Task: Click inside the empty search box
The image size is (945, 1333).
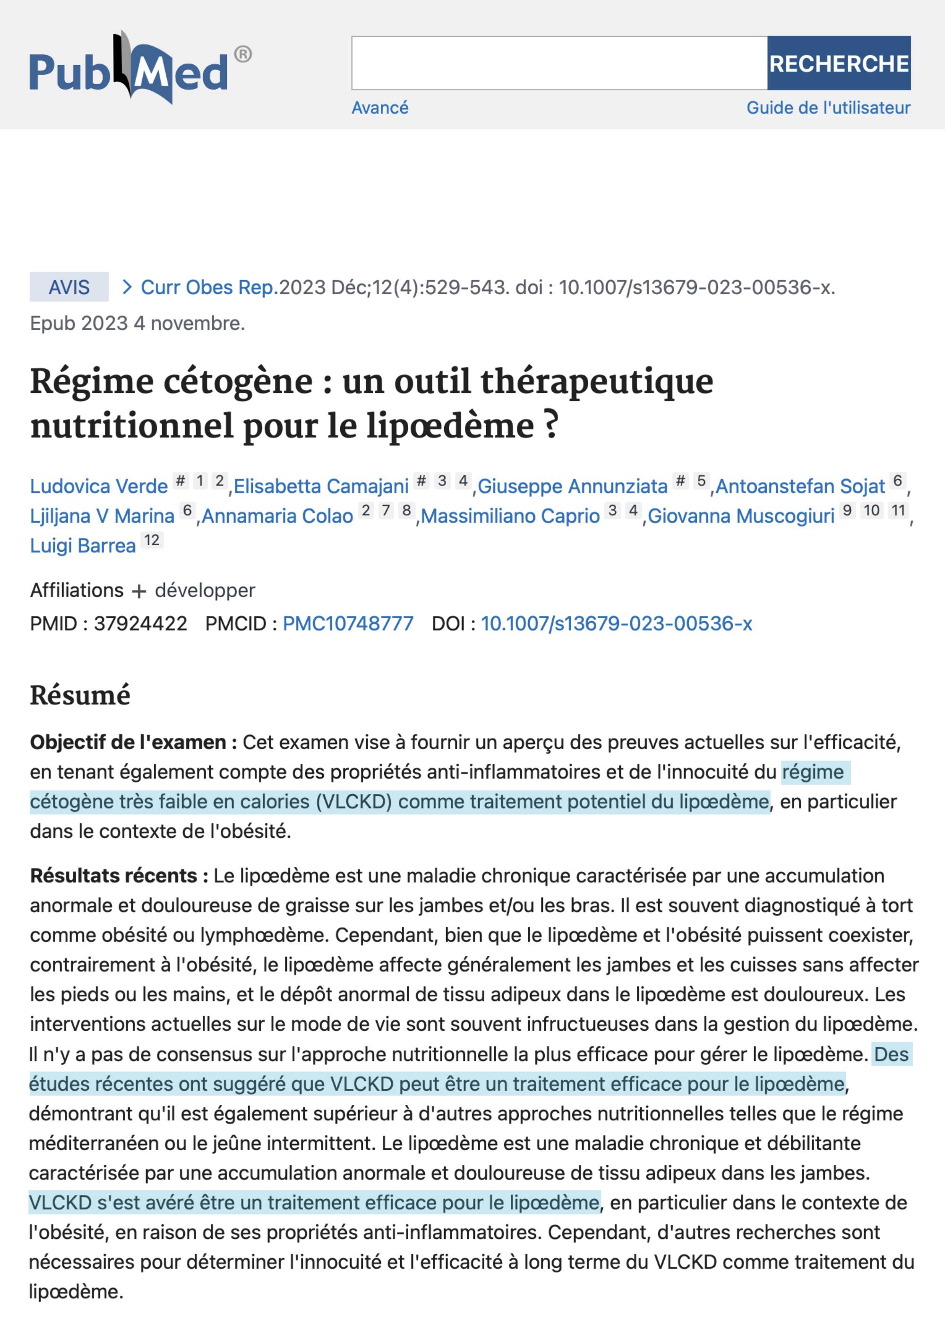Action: (558, 63)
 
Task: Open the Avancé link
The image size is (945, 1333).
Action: (379, 108)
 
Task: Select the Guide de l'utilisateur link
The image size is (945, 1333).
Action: (828, 108)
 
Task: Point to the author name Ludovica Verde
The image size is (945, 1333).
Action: (98, 486)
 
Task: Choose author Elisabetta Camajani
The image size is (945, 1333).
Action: (321, 486)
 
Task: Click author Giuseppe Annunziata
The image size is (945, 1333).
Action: (572, 486)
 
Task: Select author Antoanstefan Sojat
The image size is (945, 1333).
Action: (799, 486)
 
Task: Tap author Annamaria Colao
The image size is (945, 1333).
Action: (277, 516)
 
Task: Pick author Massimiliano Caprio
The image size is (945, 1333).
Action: (510, 516)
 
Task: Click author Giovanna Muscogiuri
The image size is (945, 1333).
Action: (741, 516)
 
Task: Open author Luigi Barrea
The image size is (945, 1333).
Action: (83, 546)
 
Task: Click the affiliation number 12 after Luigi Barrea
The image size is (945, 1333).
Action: (152, 540)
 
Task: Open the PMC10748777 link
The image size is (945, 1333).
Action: (348, 624)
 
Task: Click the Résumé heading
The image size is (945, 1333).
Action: (80, 695)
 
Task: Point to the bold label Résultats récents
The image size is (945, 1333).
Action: (119, 875)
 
